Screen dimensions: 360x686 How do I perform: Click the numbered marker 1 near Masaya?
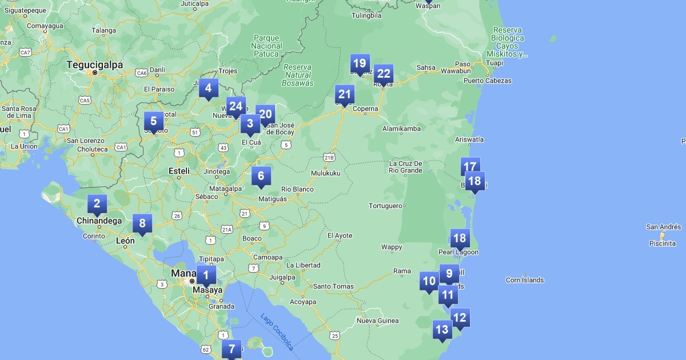pyautogui.click(x=206, y=276)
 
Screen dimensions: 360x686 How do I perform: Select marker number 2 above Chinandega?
pyautogui.click(x=97, y=204)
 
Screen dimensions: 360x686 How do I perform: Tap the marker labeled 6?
pyautogui.click(x=261, y=177)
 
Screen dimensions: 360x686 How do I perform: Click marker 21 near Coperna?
pyautogui.click(x=345, y=95)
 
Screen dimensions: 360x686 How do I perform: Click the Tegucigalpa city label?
pyautogui.click(x=95, y=65)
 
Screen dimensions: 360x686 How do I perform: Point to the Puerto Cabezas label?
pyautogui.click(x=488, y=81)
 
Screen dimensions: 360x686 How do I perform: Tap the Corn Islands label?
pyautogui.click(x=525, y=280)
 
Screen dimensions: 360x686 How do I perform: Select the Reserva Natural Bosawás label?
pyautogui.click(x=298, y=75)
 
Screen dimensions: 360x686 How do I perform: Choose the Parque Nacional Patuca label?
pyautogui.click(x=267, y=46)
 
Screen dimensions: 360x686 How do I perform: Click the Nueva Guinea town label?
pyautogui.click(x=377, y=321)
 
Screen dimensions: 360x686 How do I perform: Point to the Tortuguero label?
pyautogui.click(x=387, y=206)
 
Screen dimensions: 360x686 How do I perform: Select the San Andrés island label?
pyautogui.click(x=663, y=227)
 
